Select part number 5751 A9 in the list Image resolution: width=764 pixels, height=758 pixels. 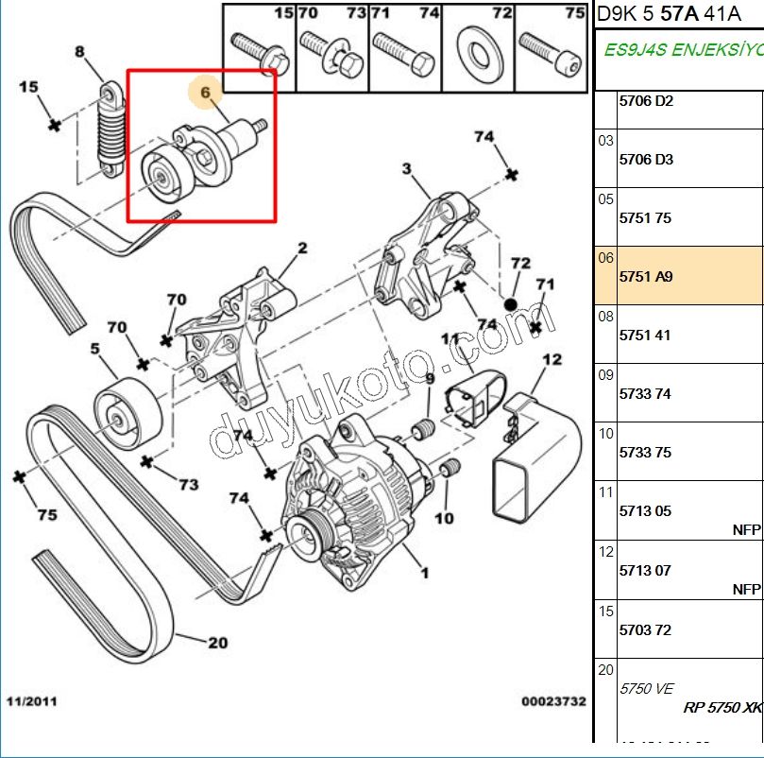[x=646, y=278]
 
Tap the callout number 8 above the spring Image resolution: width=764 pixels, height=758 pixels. [x=79, y=53]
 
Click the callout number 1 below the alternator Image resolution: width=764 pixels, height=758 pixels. [x=424, y=572]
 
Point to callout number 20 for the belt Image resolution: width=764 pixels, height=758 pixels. [x=217, y=643]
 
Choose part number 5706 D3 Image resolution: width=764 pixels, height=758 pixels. [x=646, y=160]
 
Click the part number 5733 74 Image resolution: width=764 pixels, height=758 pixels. [x=646, y=394]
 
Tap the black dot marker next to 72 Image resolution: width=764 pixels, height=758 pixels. [x=510, y=305]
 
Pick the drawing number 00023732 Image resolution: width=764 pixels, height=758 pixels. [x=553, y=702]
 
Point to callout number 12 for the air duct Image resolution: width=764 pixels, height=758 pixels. [x=552, y=359]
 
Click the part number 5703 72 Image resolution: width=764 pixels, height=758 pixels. [x=646, y=629]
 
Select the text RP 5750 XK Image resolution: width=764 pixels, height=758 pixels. [x=722, y=707]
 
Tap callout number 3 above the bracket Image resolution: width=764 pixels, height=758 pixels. [x=407, y=169]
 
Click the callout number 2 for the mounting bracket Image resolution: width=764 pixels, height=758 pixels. [x=302, y=249]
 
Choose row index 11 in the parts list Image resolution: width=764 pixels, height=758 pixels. [x=605, y=492]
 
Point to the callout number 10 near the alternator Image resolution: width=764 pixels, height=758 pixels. [x=444, y=518]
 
